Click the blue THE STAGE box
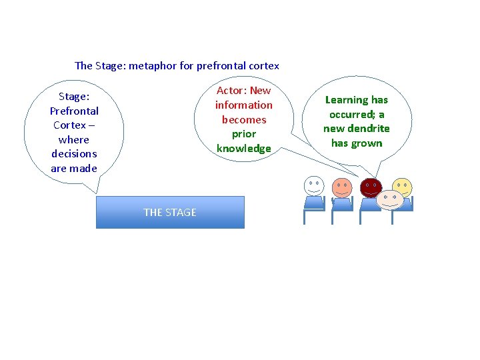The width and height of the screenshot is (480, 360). (170, 212)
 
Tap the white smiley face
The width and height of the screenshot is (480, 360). (313, 185)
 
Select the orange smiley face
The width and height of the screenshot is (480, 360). (342, 187)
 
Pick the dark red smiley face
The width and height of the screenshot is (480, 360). (370, 187)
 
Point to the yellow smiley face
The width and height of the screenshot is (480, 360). (402, 187)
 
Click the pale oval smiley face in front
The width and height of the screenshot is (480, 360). (390, 198)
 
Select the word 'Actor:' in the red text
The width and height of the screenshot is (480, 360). (231, 91)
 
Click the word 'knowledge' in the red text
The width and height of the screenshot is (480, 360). (244, 149)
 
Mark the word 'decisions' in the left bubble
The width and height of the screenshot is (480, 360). (74, 154)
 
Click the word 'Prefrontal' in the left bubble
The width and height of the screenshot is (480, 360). (74, 111)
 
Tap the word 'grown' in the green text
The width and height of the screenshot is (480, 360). (367, 143)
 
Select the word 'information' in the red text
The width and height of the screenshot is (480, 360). (244, 105)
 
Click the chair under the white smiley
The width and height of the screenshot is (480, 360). (313, 204)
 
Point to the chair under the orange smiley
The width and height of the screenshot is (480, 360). (342, 204)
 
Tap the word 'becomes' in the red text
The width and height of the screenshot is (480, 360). (244, 120)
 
